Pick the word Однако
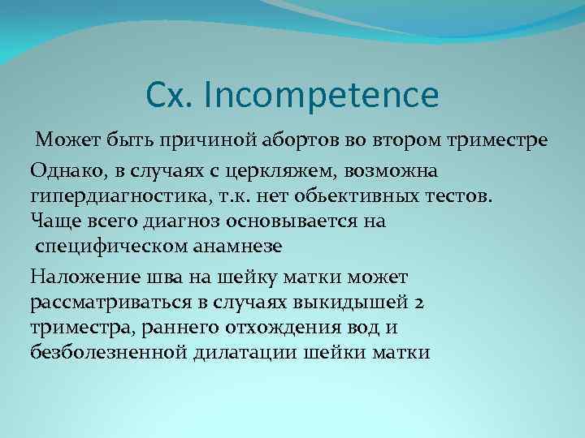coord(63,171)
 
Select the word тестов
coord(458,195)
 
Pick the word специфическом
coord(105,244)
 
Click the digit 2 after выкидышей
coord(418,303)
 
